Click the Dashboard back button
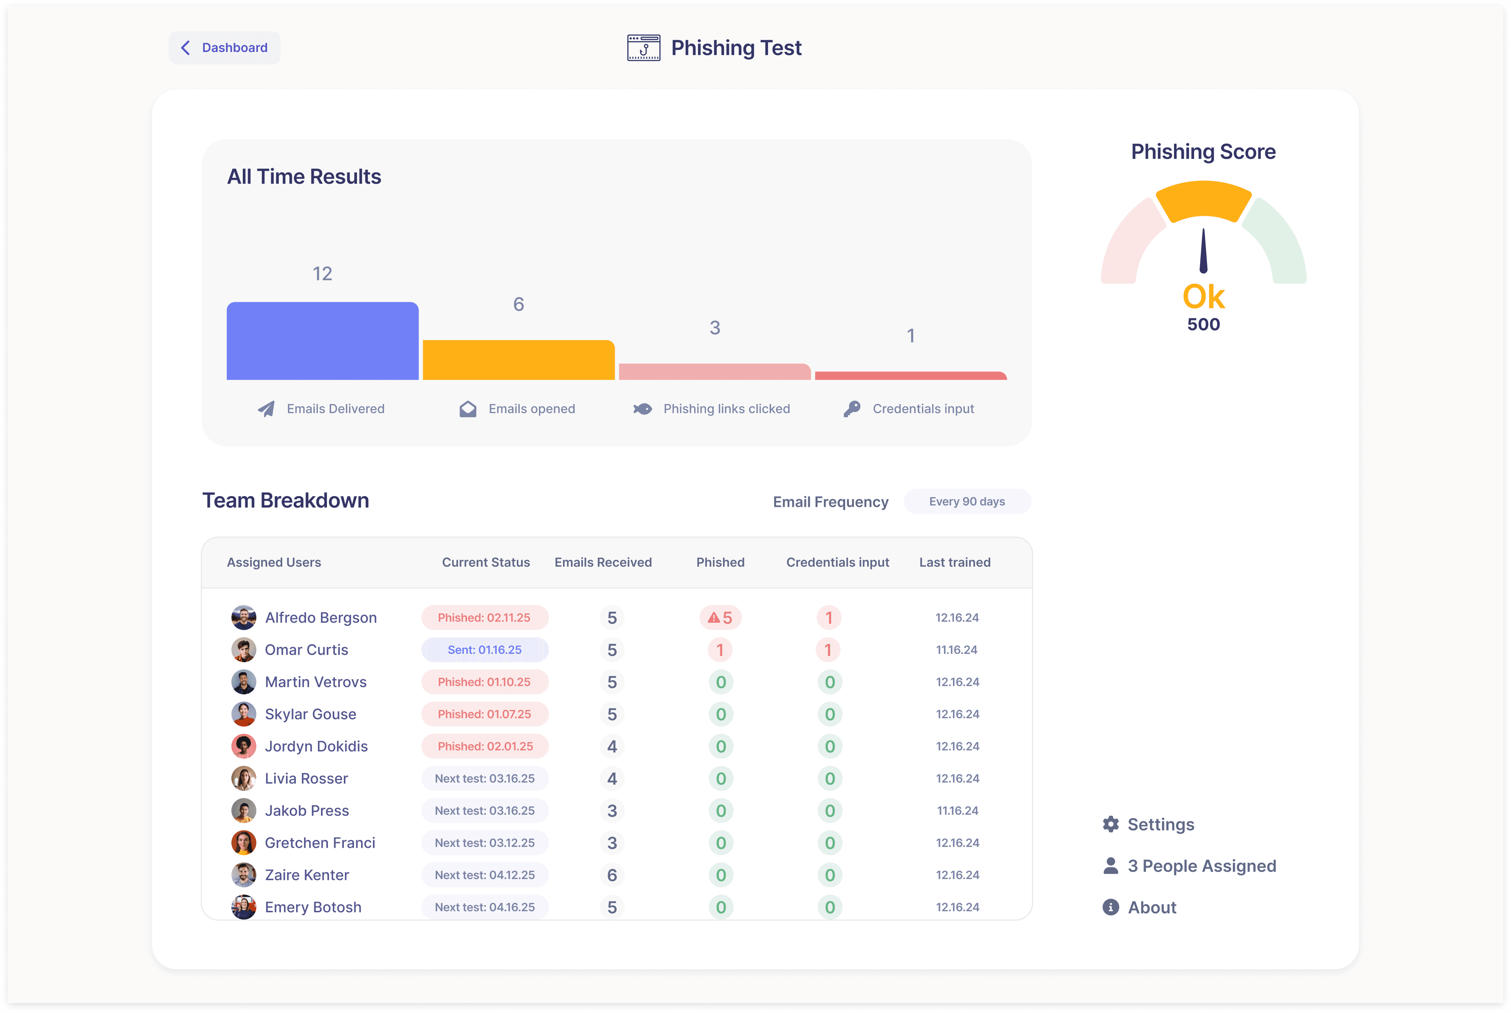tap(224, 48)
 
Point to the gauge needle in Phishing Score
tap(1203, 250)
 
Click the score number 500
tap(1203, 324)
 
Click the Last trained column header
tap(955, 562)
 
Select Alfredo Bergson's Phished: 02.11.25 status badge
tap(484, 618)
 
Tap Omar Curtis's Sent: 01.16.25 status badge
tap(484, 650)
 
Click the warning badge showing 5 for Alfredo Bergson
tap(720, 618)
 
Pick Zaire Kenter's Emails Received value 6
tap(612, 875)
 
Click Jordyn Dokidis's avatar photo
tap(243, 746)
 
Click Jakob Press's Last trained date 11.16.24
tap(957, 811)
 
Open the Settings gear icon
tap(1110, 824)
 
